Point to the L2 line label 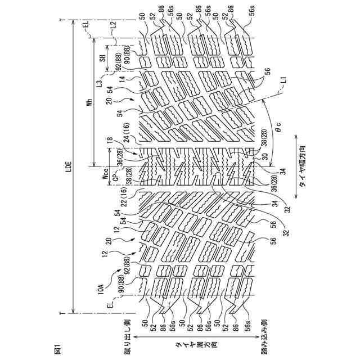coord(112,25)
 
